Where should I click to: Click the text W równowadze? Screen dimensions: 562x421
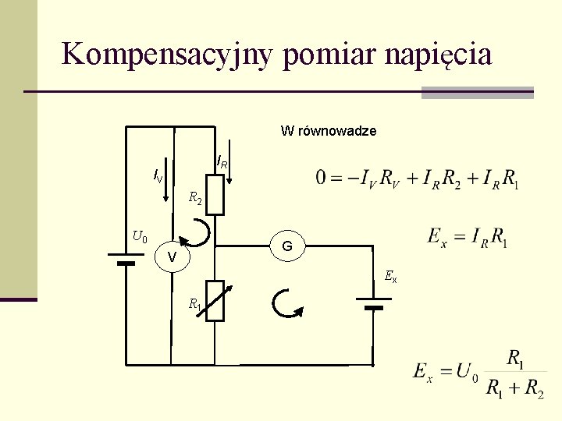point(329,131)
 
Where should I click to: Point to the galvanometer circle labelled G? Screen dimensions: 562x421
point(287,246)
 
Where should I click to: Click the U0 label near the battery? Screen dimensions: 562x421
point(140,235)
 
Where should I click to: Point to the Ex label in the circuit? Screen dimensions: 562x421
point(390,276)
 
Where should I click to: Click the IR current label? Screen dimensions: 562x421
point(222,163)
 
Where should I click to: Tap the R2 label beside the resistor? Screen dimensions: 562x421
point(195,199)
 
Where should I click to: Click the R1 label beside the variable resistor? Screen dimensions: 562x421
point(193,303)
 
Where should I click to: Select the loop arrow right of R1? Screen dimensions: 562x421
point(285,304)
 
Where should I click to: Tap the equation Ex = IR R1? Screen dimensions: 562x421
point(468,235)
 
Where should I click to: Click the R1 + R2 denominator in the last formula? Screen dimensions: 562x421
point(514,387)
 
